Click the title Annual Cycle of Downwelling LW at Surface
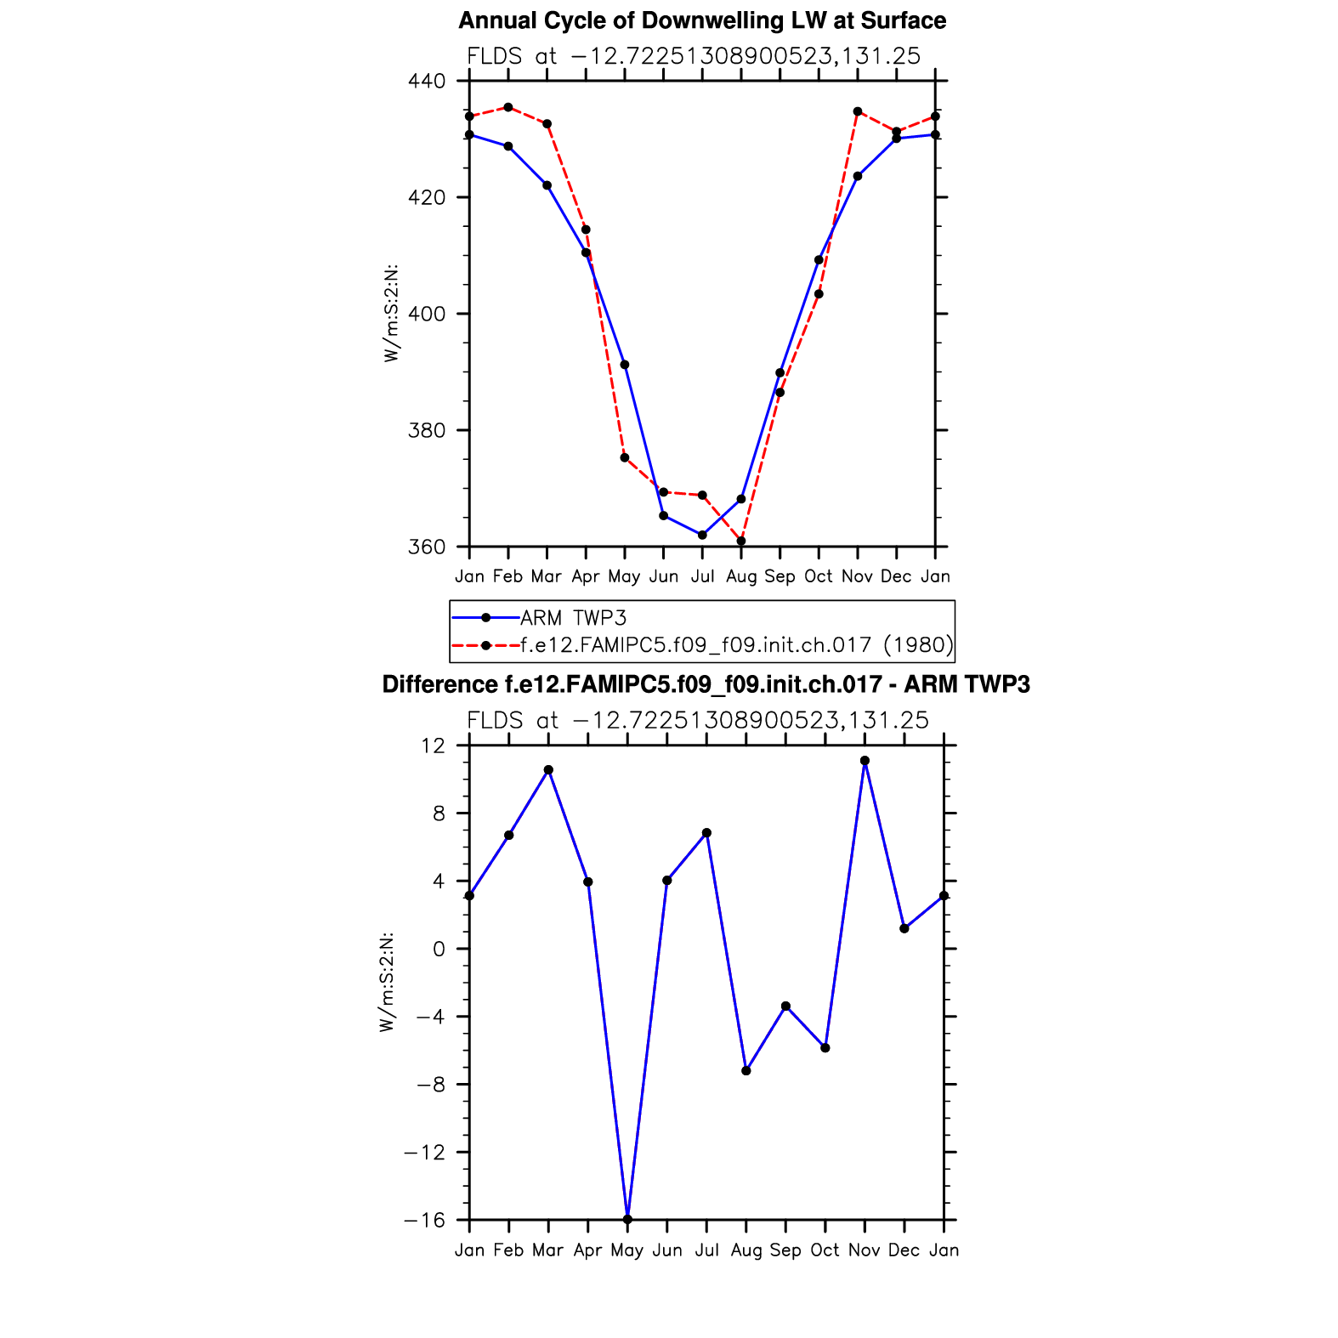point(702,21)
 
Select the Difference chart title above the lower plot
point(706,685)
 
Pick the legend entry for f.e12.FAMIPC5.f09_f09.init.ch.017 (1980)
point(736,645)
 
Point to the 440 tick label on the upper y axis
point(427,82)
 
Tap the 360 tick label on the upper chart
point(427,547)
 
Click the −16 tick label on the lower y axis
point(424,1220)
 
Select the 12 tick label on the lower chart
point(433,746)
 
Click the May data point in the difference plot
point(627,1219)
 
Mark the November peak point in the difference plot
point(865,761)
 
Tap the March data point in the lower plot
point(548,770)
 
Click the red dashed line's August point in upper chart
point(741,541)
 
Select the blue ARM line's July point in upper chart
point(702,535)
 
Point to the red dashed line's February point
point(508,107)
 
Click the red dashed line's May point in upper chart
point(625,458)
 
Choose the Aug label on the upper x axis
point(741,577)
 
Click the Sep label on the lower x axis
point(785,1250)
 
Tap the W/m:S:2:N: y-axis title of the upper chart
point(391,314)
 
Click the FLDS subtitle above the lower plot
point(698,721)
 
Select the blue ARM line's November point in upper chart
point(858,176)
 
